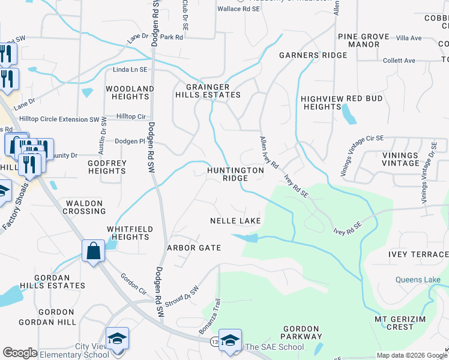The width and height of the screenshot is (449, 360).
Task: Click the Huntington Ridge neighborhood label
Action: click(x=235, y=174)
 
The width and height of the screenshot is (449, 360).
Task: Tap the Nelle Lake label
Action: click(x=235, y=221)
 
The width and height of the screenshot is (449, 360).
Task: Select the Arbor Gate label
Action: click(x=194, y=248)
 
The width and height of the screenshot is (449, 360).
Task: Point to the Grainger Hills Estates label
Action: click(x=208, y=91)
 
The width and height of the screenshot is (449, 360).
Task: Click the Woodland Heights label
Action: click(x=130, y=92)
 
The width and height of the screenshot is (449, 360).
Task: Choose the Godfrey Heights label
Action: click(x=107, y=167)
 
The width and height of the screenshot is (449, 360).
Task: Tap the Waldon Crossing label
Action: click(x=85, y=208)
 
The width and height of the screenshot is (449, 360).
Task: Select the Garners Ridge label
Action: click(x=313, y=55)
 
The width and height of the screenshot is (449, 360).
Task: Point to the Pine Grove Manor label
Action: click(x=363, y=40)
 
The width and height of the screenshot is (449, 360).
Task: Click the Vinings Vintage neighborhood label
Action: click(x=400, y=159)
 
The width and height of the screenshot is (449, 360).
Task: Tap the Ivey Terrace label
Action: click(x=418, y=254)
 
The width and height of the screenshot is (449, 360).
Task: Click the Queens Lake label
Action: click(x=418, y=280)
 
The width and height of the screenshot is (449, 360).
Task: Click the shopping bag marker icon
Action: click(x=94, y=251)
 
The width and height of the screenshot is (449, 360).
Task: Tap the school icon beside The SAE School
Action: click(x=230, y=340)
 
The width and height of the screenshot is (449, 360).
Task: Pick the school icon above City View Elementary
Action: click(x=117, y=337)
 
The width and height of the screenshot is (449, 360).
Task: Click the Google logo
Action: click(x=20, y=353)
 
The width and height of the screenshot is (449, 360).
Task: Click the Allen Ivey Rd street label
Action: click(x=269, y=152)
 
